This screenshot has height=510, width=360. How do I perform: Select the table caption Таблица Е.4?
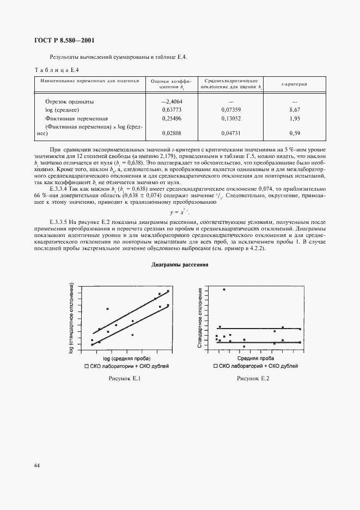click(x=58, y=70)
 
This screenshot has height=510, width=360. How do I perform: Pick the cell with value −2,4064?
click(x=172, y=102)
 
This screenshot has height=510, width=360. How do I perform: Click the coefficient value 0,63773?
click(x=172, y=110)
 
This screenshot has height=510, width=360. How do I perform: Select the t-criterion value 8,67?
click(x=295, y=110)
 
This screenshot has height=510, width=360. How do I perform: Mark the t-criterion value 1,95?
click(x=295, y=118)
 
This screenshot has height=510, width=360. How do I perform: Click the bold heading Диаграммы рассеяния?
click(x=180, y=265)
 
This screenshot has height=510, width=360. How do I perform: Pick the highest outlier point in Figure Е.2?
click(x=223, y=290)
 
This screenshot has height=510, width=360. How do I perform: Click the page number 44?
click(x=36, y=465)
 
